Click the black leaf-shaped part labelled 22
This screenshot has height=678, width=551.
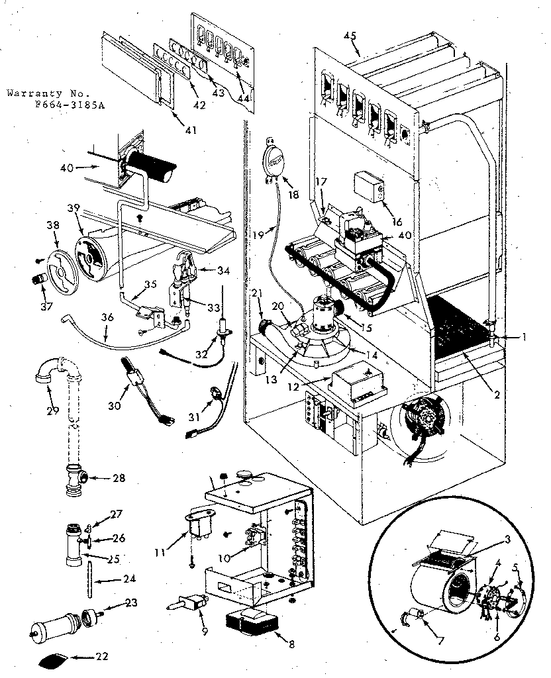pos(52,659)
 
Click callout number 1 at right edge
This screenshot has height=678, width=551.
pos(523,336)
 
